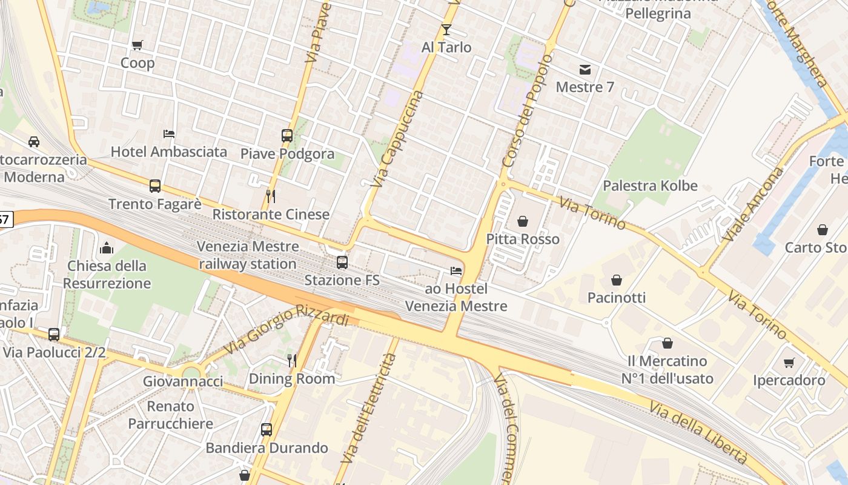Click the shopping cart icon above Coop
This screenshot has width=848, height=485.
click(137, 45)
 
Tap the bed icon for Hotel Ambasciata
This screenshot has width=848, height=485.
click(169, 133)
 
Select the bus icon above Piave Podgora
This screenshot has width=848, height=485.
click(287, 136)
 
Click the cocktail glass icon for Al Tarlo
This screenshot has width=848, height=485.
click(446, 29)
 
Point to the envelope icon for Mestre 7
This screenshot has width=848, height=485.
click(585, 69)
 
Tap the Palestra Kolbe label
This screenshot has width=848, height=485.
click(650, 186)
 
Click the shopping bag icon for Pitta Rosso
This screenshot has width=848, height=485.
click(522, 221)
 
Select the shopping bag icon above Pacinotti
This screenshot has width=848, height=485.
click(616, 280)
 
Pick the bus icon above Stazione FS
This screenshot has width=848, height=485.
click(342, 263)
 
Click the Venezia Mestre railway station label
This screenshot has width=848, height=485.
click(248, 255)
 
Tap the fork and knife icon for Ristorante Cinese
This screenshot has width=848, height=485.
click(271, 196)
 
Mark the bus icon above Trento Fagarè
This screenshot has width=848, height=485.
click(155, 186)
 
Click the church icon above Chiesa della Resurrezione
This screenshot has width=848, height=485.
click(107, 248)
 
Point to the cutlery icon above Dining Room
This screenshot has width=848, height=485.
click(292, 361)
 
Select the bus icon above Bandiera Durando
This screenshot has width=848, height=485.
click(267, 430)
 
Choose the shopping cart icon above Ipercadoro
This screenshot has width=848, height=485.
click(789, 363)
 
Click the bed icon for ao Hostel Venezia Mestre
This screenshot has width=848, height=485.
click(456, 270)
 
